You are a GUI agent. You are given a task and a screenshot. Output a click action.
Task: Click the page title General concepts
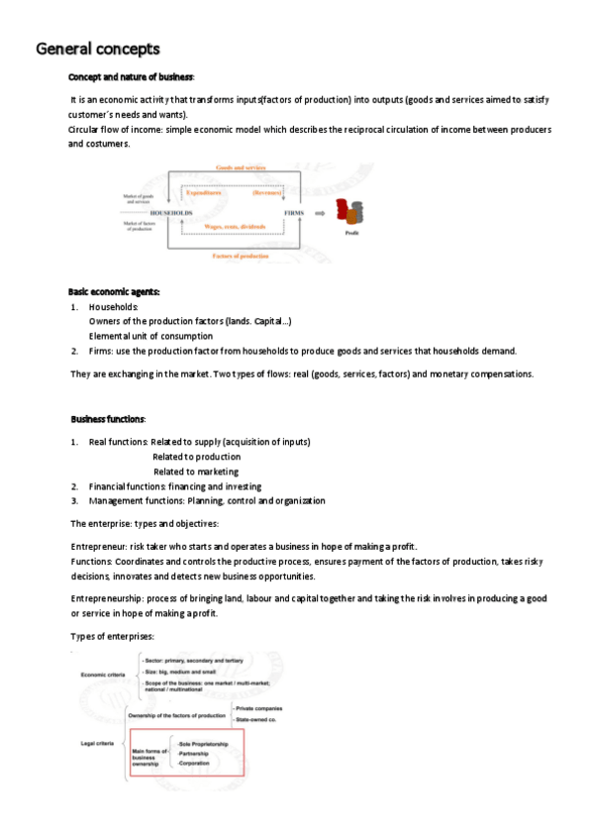[97, 49]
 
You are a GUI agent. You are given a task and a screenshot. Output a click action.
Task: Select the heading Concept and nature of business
[131, 77]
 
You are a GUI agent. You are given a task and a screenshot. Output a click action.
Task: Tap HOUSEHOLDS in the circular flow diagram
[170, 213]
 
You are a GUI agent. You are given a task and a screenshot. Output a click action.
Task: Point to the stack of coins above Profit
[348, 211]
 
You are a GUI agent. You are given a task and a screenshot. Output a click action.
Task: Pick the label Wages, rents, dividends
[237, 227]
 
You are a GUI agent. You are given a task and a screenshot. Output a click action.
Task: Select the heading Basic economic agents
[114, 291]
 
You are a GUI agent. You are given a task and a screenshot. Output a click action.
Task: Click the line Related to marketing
[195, 472]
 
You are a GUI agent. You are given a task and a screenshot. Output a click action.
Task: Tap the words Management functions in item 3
[135, 501]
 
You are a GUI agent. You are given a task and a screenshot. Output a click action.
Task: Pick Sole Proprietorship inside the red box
[203, 743]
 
